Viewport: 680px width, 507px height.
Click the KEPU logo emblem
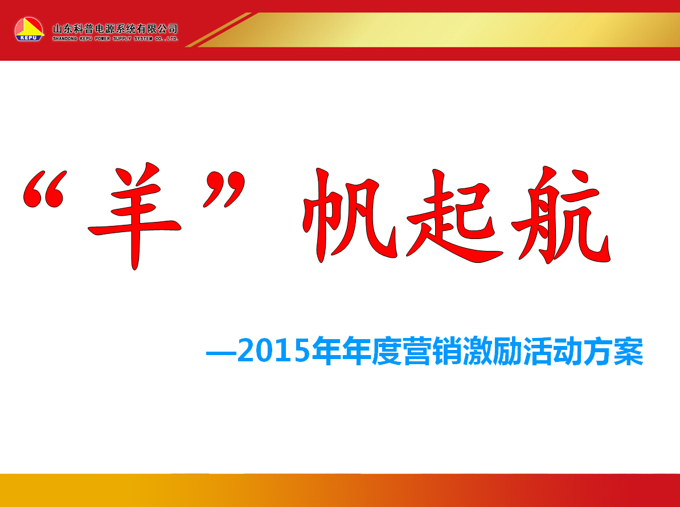(x=29, y=30)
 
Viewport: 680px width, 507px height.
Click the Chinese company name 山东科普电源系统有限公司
(x=115, y=29)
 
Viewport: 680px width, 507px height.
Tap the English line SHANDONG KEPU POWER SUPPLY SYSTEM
(x=102, y=39)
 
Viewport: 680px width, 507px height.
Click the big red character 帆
(x=350, y=215)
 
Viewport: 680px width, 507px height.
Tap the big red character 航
(x=561, y=215)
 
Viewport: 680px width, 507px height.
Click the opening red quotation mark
(x=44, y=189)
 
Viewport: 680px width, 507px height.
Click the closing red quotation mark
(x=224, y=189)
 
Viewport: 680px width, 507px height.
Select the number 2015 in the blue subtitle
(x=274, y=351)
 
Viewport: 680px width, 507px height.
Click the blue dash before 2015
(x=221, y=353)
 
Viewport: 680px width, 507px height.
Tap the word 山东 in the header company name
(x=63, y=29)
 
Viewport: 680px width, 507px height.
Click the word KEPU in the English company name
(x=85, y=39)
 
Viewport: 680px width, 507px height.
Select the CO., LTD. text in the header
(x=166, y=39)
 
